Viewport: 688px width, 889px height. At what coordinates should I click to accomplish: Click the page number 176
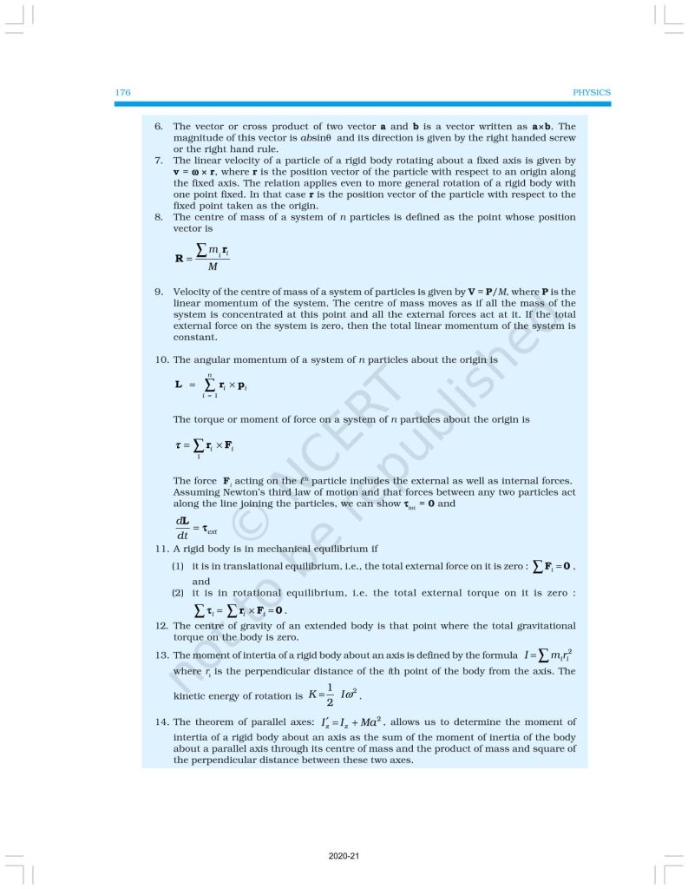tap(122, 92)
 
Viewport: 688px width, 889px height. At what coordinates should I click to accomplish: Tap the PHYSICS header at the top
tap(593, 92)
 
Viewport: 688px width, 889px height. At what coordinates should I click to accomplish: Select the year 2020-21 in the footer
tap(344, 857)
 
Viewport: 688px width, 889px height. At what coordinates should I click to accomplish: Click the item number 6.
tap(159, 127)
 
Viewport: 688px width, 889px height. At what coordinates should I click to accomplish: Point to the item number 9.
tap(159, 292)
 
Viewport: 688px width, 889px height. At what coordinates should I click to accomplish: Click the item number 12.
tap(161, 625)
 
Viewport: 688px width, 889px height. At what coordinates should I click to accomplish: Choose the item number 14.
tap(161, 721)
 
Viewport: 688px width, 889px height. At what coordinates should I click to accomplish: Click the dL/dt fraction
tap(183, 527)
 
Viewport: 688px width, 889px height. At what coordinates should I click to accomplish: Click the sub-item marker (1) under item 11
tap(177, 566)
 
